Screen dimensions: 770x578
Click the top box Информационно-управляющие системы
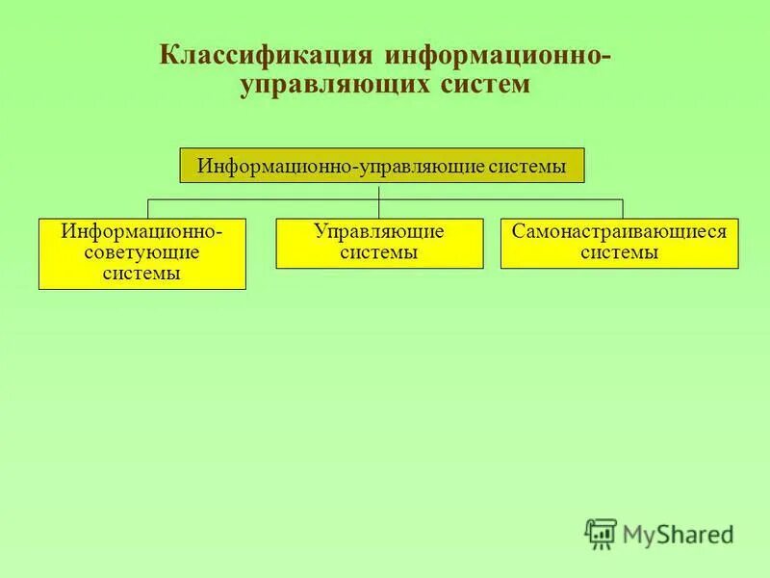click(x=382, y=165)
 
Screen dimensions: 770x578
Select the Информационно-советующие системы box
click(x=142, y=253)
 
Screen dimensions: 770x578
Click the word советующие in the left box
click(x=142, y=252)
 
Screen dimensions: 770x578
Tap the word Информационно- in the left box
click(x=142, y=233)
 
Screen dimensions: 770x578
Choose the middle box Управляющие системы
click(x=378, y=243)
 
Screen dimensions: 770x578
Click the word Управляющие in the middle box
click(x=378, y=233)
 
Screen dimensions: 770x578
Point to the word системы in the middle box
click(x=378, y=252)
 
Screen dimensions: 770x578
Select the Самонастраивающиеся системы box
click(x=620, y=243)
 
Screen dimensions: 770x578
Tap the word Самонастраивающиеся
click(x=620, y=233)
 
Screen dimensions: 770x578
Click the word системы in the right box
click(x=620, y=252)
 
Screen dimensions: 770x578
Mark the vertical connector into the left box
click(x=147, y=209)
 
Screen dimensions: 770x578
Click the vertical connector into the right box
click(x=623, y=209)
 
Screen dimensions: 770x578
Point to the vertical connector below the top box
click(x=379, y=191)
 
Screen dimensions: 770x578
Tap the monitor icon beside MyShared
click(x=601, y=533)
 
